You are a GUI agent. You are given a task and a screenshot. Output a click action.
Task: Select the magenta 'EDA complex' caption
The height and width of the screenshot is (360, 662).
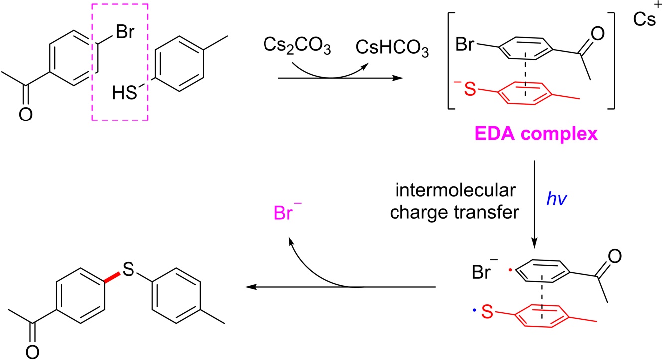point(541,135)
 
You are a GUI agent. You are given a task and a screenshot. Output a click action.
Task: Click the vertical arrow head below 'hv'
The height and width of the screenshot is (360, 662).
point(534,243)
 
